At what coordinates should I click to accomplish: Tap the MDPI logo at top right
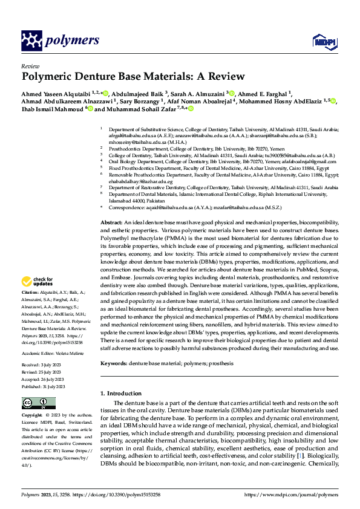pos(322,41)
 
